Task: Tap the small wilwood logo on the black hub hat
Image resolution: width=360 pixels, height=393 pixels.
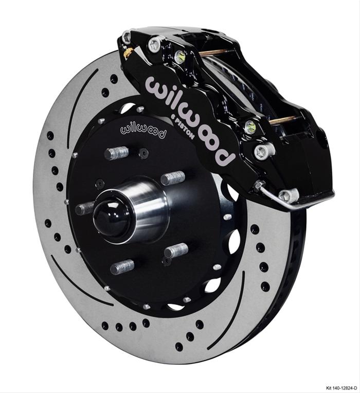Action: (143, 129)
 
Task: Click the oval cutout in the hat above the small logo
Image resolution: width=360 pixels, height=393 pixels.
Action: (128, 108)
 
